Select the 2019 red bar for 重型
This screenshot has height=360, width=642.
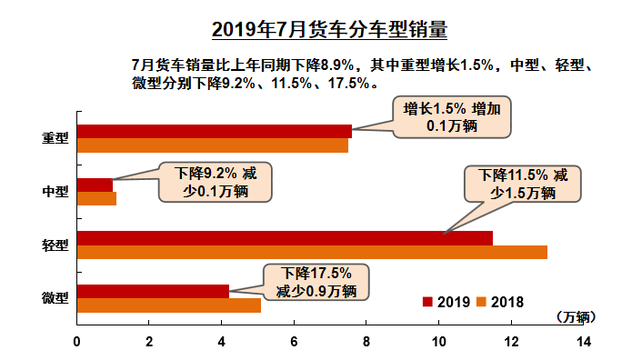214,131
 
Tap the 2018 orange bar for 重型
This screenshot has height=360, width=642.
212,145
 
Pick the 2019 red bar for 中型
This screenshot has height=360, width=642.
95,185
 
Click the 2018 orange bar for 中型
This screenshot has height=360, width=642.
96,198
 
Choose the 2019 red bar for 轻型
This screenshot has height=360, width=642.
284,237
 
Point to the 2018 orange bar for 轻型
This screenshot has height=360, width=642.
311,252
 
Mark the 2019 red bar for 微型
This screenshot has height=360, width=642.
153,291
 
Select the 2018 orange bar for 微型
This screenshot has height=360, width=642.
168,305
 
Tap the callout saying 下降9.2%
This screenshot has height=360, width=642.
215,182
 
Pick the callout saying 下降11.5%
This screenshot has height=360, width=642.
522,183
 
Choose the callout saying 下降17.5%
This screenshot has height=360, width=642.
316,282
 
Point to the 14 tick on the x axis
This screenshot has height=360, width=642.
584,342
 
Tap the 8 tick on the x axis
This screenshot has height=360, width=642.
366,342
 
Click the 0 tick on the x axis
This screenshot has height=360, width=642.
77,342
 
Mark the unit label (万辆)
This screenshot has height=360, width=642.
574,317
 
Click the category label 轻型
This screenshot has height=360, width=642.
55,245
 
